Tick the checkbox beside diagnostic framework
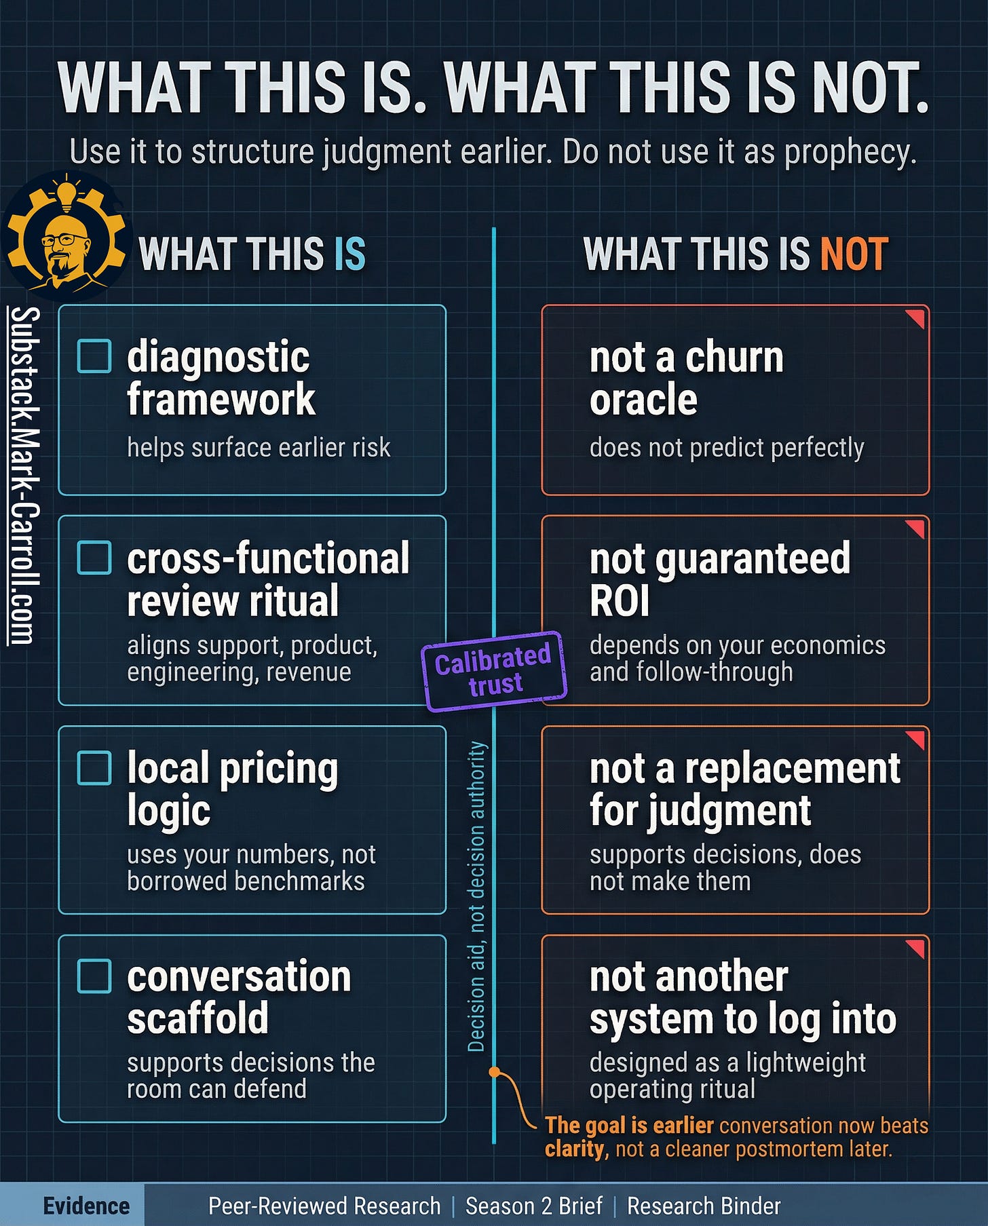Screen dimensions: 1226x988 click(x=94, y=356)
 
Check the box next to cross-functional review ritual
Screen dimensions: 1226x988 click(x=94, y=558)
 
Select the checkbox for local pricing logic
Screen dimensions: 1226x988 click(x=94, y=767)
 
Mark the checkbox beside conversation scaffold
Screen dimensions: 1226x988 click(x=94, y=976)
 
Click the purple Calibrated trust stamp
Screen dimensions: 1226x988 click(x=494, y=671)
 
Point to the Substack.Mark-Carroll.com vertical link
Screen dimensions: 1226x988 click(x=24, y=475)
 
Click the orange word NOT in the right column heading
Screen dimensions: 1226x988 click(x=854, y=254)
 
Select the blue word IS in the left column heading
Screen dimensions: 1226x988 click(x=349, y=254)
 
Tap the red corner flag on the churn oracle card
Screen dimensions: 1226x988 click(x=915, y=318)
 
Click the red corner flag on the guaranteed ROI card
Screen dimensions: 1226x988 click(x=915, y=528)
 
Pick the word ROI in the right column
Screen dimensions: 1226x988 click(x=620, y=601)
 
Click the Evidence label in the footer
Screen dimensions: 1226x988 click(x=86, y=1206)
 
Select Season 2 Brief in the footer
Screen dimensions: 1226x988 click(x=533, y=1206)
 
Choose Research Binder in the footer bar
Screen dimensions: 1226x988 click(x=704, y=1206)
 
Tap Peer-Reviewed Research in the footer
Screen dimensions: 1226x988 click(x=324, y=1206)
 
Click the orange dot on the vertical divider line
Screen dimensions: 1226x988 click(x=495, y=1072)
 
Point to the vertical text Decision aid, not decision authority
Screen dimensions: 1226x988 click(x=476, y=896)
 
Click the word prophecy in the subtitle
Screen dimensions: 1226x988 click(x=850, y=152)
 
